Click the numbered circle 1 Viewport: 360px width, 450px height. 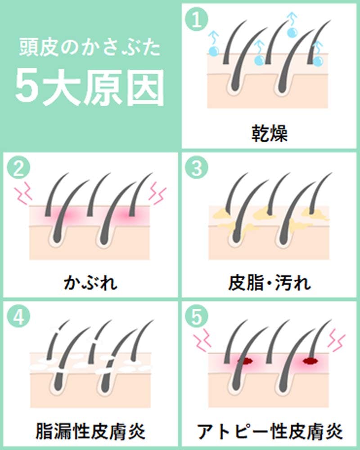(197, 19)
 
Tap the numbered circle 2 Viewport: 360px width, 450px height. (18, 168)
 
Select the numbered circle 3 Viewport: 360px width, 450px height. (197, 168)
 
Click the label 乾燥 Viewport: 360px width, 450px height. (269, 133)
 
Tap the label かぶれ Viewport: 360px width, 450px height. (90, 282)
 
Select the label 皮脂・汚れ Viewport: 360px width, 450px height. (269, 282)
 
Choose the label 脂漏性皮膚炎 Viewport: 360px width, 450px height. (90, 431)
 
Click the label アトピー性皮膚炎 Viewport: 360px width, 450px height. (270, 431)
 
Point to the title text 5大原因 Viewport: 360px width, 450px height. (90, 87)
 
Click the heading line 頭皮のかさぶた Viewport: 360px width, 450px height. (90, 47)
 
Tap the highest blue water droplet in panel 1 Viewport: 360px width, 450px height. (292, 31)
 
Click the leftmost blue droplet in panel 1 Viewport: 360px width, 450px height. (213, 51)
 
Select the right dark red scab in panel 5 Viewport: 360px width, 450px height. (310, 361)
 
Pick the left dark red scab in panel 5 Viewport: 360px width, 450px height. (245, 361)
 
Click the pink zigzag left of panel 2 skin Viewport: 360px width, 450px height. (23, 191)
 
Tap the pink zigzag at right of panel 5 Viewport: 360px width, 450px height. (337, 340)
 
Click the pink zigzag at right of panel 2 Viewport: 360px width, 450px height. (157, 192)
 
